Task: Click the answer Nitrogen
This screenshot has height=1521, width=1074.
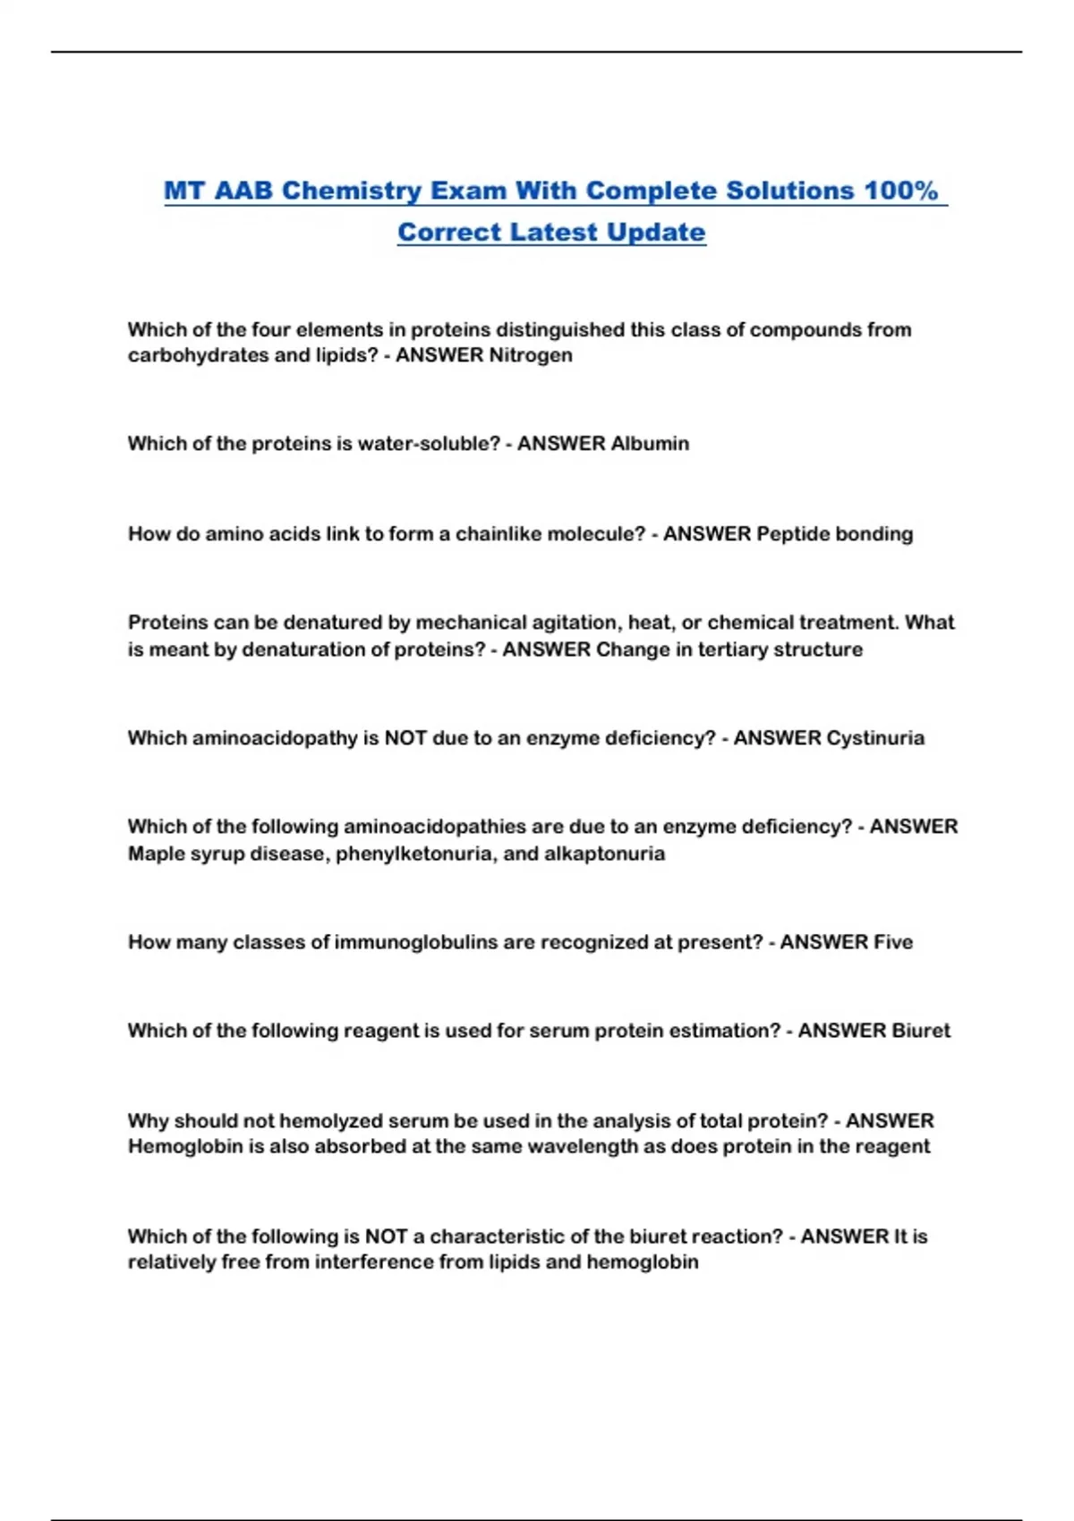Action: click(x=531, y=355)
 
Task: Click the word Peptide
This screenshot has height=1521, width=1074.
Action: click(x=793, y=534)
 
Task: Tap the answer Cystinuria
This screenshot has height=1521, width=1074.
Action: click(x=875, y=738)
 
